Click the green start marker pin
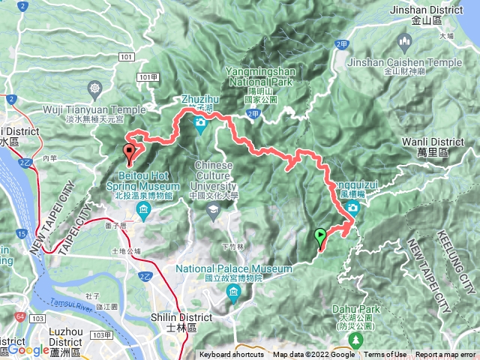coord(321,238)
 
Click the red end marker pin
coord(129,154)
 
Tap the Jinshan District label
coord(427,10)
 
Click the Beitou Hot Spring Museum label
coord(143,184)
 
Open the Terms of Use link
coord(385,355)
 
